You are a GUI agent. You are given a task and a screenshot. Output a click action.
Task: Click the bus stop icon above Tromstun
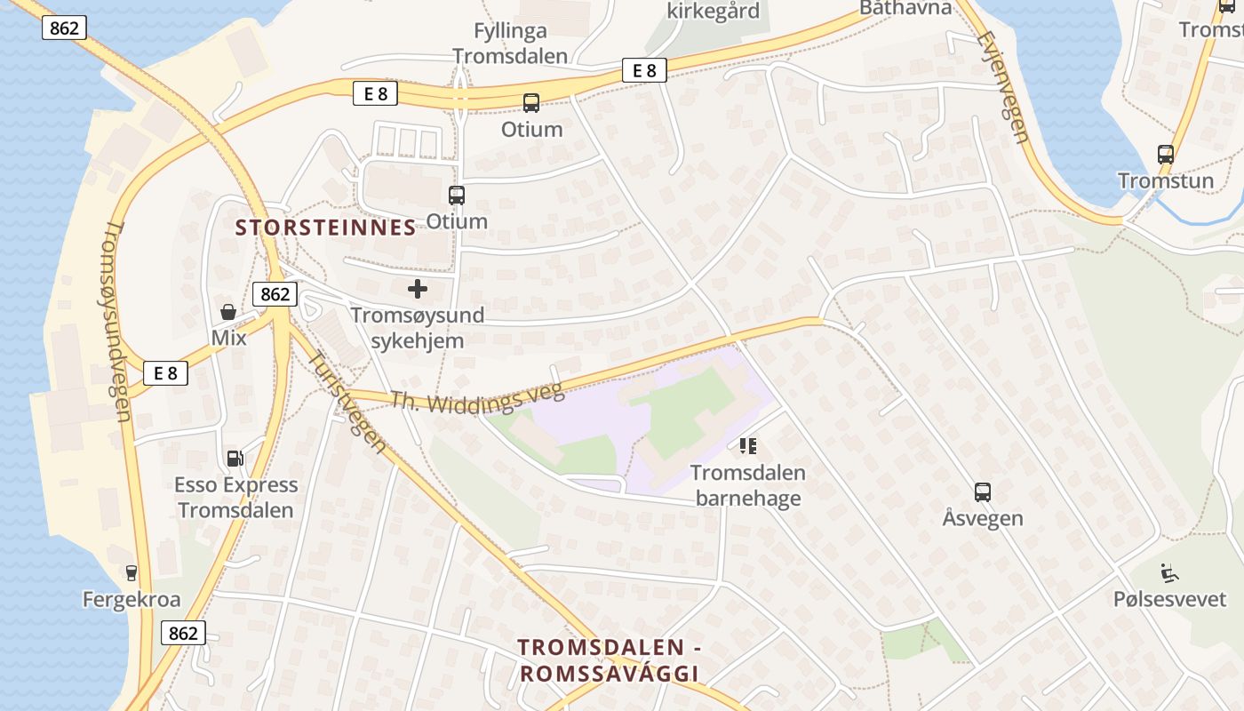1166,154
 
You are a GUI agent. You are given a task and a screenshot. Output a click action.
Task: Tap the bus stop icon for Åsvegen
982,491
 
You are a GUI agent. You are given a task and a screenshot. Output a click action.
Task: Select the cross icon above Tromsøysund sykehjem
417,289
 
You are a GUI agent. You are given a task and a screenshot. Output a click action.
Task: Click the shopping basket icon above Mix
228,312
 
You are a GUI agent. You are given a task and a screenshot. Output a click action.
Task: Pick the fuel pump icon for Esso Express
235,458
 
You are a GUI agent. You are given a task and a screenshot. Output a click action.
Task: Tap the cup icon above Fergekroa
132,573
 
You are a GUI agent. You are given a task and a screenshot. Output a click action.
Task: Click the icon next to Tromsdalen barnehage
747,445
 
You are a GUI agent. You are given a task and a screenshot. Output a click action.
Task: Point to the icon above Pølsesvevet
1169,573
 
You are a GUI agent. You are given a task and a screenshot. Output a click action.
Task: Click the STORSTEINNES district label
325,228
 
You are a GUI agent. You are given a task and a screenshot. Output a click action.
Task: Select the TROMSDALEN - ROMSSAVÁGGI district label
610,660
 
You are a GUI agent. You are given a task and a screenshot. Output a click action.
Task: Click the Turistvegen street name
347,401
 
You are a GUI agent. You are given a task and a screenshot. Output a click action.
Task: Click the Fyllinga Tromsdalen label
510,44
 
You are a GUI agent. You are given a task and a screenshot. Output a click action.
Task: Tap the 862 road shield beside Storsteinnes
275,293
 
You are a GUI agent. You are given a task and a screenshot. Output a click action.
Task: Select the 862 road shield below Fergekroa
183,633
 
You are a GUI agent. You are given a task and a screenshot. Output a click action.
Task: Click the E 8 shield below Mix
165,373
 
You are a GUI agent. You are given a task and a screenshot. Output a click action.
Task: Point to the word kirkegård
714,11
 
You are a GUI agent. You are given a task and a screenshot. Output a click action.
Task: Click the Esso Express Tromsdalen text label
235,498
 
